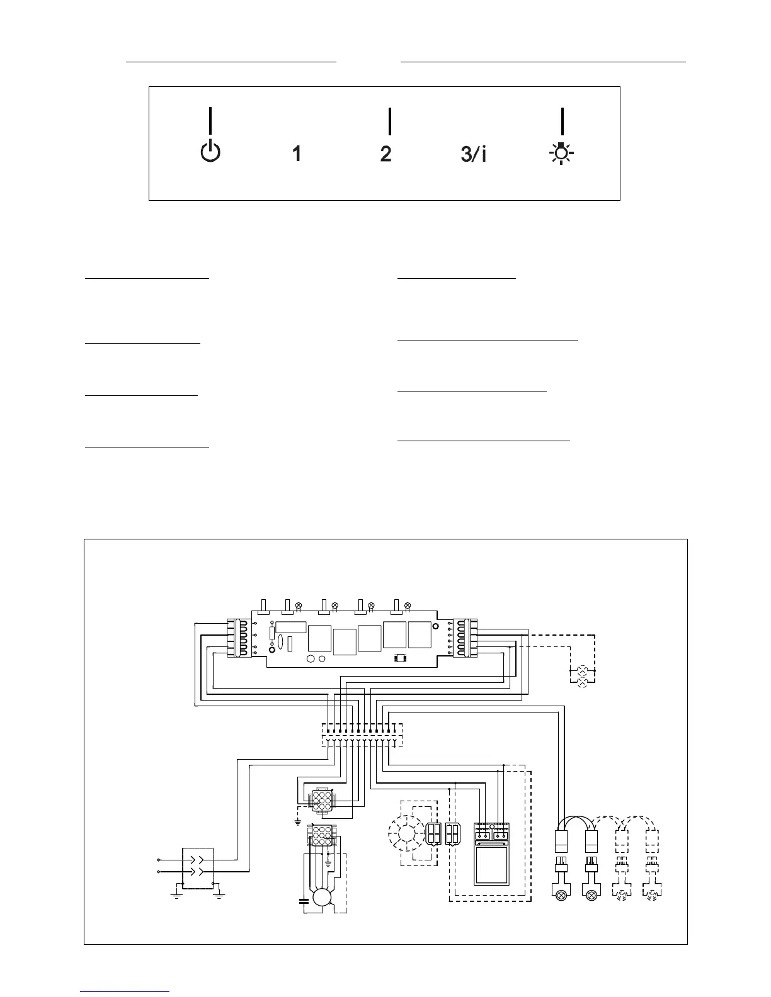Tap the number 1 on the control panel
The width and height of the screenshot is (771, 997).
[x=296, y=154]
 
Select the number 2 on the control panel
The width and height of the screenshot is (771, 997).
[x=386, y=154]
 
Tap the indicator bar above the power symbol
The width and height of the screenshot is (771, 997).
[x=210, y=120]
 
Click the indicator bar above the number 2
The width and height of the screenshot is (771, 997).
[x=390, y=121]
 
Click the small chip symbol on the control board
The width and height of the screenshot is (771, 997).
[x=399, y=659]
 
